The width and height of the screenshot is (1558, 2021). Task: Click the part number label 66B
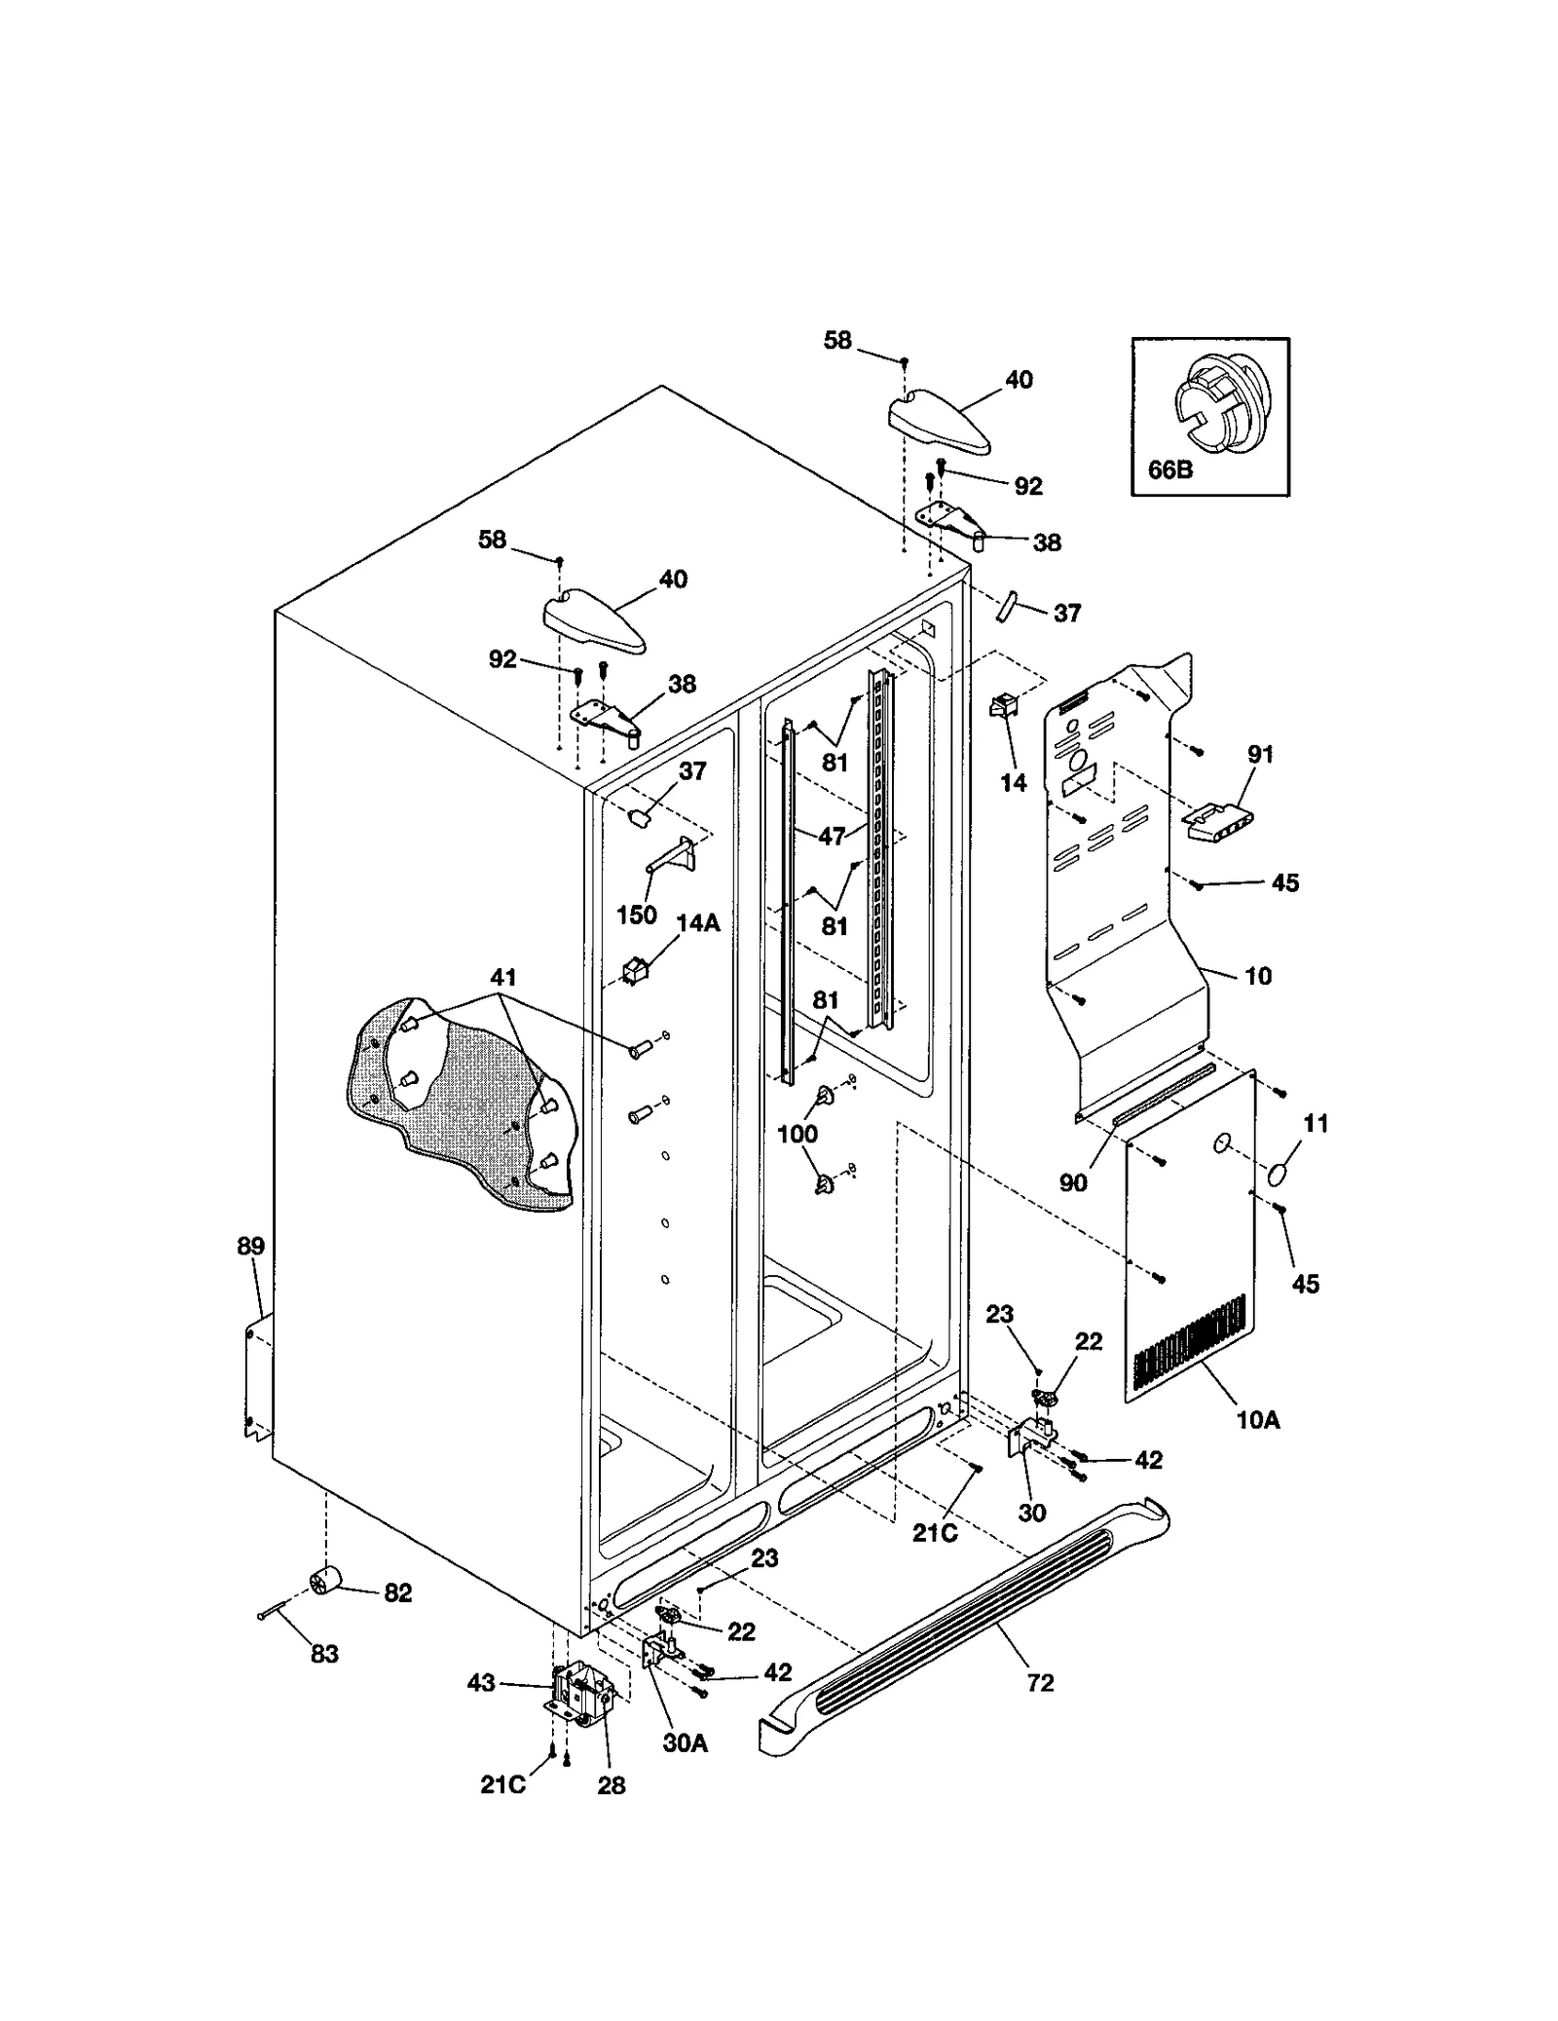[x=1170, y=469]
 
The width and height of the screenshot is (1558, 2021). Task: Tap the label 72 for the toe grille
[x=1040, y=1683]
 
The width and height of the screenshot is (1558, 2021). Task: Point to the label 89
[x=250, y=1246]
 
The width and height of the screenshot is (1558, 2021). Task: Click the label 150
[x=637, y=915]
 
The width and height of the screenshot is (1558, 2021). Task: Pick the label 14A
[x=698, y=922]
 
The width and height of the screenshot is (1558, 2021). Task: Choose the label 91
[x=1260, y=753]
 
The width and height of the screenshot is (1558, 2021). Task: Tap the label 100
[x=798, y=1134]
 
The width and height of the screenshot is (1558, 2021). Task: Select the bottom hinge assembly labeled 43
[x=579, y=1697]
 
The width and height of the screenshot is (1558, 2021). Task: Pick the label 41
[x=503, y=977]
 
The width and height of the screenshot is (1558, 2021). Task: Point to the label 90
[x=1072, y=1182]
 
